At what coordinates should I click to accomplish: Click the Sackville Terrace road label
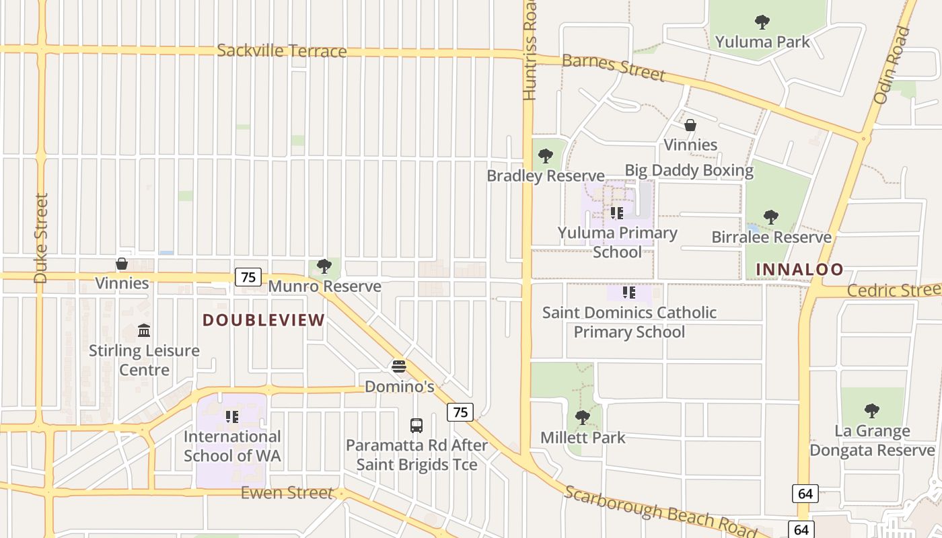tap(282, 51)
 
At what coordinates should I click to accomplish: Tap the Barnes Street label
tap(613, 67)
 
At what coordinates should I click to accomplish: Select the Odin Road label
tap(892, 65)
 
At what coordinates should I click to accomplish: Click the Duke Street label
tap(41, 238)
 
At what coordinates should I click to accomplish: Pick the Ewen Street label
tap(287, 493)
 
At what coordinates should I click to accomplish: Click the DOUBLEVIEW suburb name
tap(264, 320)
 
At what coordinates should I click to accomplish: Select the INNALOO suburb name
tap(799, 270)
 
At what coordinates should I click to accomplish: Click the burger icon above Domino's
tap(399, 367)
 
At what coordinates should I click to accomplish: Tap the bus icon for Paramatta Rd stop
tap(416, 425)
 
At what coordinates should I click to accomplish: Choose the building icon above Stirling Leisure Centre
tap(144, 330)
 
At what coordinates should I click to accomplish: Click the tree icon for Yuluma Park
tap(762, 22)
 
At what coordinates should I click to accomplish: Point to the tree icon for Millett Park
tap(583, 418)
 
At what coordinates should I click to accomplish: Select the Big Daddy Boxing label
tap(689, 170)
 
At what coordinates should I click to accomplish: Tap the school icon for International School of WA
tap(232, 417)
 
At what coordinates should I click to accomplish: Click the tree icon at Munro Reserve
tap(324, 266)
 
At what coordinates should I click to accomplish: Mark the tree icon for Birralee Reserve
tap(771, 217)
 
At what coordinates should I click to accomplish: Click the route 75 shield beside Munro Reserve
tap(248, 276)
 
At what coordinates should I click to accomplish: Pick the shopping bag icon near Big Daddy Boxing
tap(690, 125)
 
